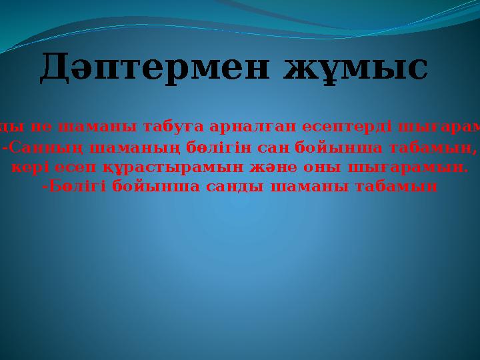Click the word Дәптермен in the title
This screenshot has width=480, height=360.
155,69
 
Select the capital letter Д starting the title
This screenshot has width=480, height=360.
55,69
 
